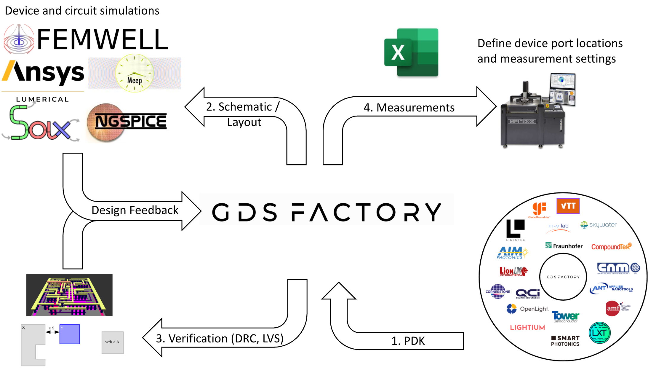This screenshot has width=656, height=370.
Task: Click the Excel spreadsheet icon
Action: [411, 52]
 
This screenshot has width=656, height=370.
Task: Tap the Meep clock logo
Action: [135, 73]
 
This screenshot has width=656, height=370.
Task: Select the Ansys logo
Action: [43, 73]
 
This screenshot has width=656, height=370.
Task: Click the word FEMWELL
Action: [103, 39]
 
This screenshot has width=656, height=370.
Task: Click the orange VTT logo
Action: [568, 206]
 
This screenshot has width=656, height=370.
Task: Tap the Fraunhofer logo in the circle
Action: [564, 246]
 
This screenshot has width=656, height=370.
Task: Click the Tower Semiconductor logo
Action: [565, 317]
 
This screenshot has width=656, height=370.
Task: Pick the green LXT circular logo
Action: [599, 333]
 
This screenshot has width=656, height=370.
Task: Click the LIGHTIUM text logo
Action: [527, 327]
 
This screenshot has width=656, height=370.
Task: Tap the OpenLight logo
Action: [528, 309]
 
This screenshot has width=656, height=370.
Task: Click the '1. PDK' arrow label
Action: [408, 341]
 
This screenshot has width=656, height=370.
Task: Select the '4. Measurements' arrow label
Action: [409, 107]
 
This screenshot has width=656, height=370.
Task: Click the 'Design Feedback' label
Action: [135, 210]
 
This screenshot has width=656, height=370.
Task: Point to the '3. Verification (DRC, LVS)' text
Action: [220, 338]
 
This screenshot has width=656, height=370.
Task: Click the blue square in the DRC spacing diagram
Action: [70, 334]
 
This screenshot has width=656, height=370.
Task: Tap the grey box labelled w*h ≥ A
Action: [112, 342]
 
